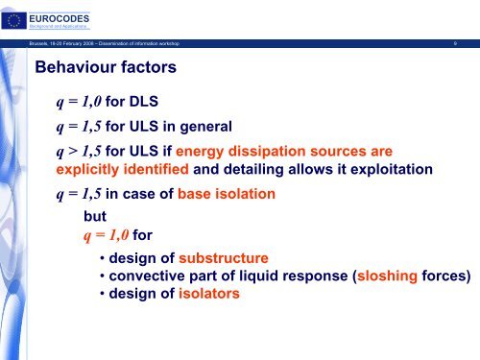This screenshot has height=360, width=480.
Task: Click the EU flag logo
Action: (x=14, y=16)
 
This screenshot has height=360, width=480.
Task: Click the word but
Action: (x=96, y=216)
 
